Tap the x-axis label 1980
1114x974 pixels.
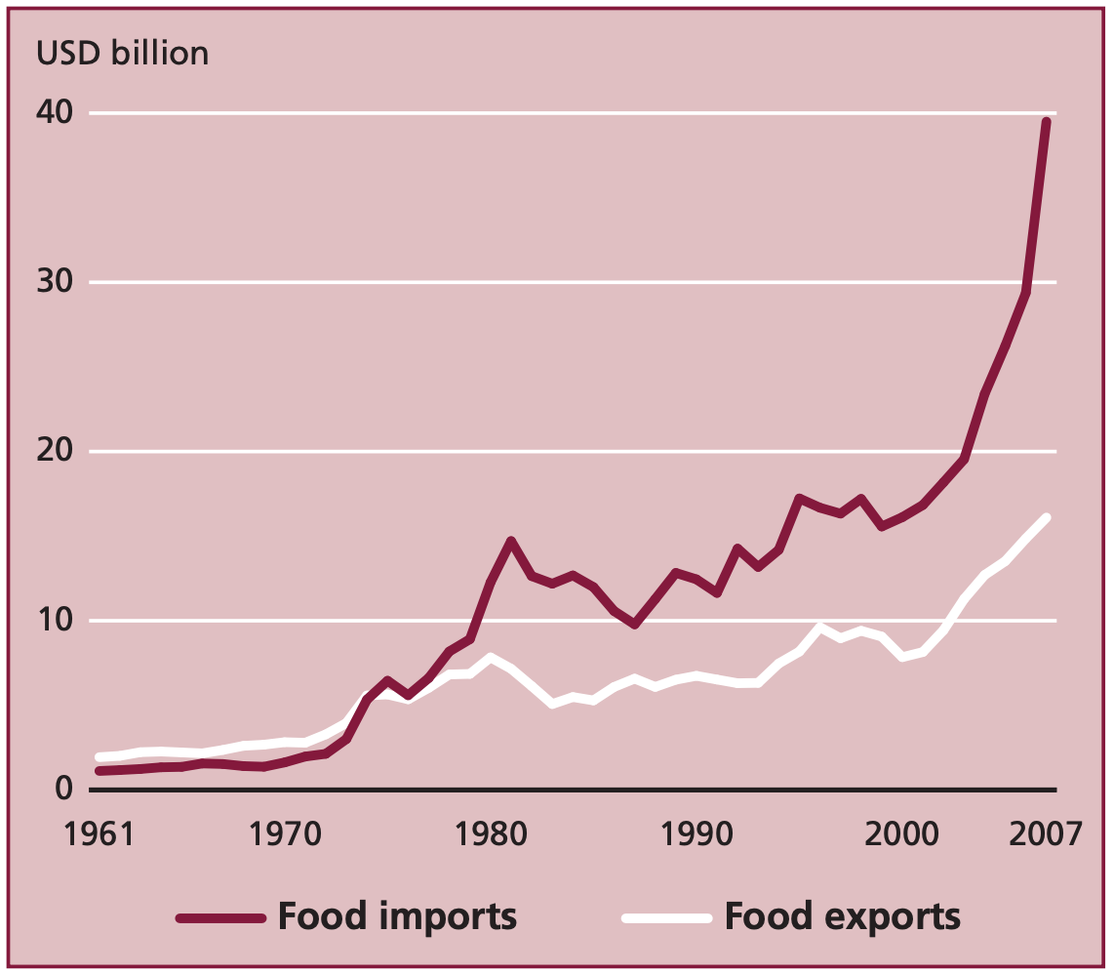(x=489, y=835)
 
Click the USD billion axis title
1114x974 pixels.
(x=123, y=53)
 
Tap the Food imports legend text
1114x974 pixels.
(x=397, y=917)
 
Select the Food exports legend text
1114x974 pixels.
(x=842, y=917)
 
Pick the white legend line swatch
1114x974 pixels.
(x=666, y=918)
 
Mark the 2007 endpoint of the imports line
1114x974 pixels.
(x=1046, y=122)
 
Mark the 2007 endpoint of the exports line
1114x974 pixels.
(x=1046, y=517)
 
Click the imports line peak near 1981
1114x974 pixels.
(x=510, y=541)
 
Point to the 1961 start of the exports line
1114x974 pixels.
(x=99, y=757)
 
